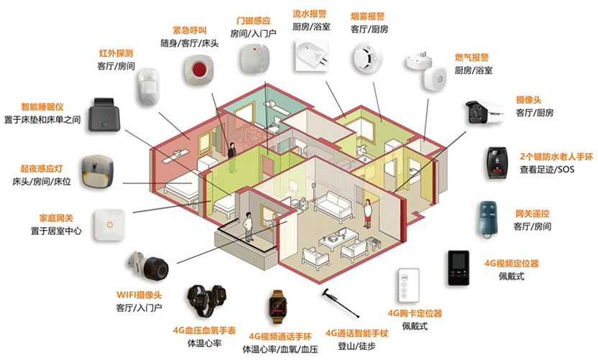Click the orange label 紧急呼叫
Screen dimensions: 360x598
click(x=190, y=30)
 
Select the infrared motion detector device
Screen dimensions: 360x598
click(x=148, y=87)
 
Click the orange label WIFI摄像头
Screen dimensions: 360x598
click(x=139, y=295)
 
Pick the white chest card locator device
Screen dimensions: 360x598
click(x=408, y=287)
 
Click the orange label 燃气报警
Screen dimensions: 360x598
click(x=472, y=57)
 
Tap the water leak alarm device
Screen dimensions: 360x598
click(x=311, y=55)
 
